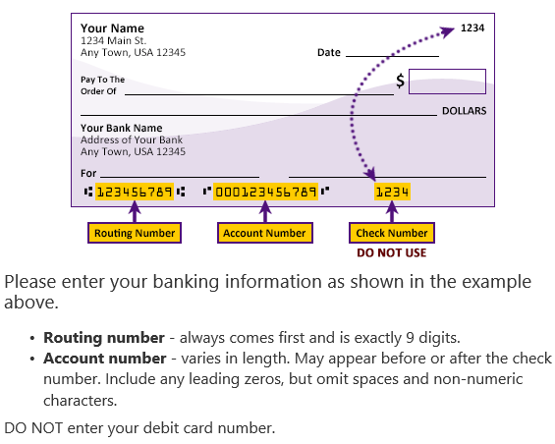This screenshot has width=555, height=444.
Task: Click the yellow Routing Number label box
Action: pyautogui.click(x=135, y=233)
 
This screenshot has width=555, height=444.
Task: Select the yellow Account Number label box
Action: pyautogui.click(x=265, y=233)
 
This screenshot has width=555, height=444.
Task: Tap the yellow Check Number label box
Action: pyautogui.click(x=392, y=233)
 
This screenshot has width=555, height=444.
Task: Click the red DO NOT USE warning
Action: pyautogui.click(x=392, y=252)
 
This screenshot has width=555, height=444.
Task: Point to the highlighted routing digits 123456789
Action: pyautogui.click(x=135, y=192)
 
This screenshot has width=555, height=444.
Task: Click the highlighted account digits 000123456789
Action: pyautogui.click(x=266, y=192)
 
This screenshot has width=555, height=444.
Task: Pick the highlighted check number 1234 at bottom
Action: pyautogui.click(x=392, y=192)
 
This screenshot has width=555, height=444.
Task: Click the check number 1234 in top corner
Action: pyautogui.click(x=472, y=28)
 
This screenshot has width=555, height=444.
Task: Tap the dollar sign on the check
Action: pyautogui.click(x=400, y=81)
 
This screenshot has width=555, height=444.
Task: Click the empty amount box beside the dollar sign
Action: pyautogui.click(x=447, y=82)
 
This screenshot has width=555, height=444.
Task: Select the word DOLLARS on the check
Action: pyautogui.click(x=464, y=111)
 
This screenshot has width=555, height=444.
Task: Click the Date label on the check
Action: pyautogui.click(x=329, y=52)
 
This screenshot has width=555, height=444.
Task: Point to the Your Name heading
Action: pyautogui.click(x=112, y=28)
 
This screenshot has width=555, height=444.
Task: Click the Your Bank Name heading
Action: pyautogui.click(x=122, y=128)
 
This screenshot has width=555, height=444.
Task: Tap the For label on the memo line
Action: pyautogui.click(x=88, y=173)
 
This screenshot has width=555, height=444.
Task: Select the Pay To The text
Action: pyautogui.click(x=102, y=80)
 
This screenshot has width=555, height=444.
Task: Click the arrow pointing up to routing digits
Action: pyautogui.click(x=135, y=211)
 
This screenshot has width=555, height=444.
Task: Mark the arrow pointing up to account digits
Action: pyautogui.click(x=265, y=211)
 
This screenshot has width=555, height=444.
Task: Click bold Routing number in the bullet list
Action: pyautogui.click(x=104, y=338)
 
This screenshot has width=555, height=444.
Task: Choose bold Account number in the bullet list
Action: pyautogui.click(x=105, y=359)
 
